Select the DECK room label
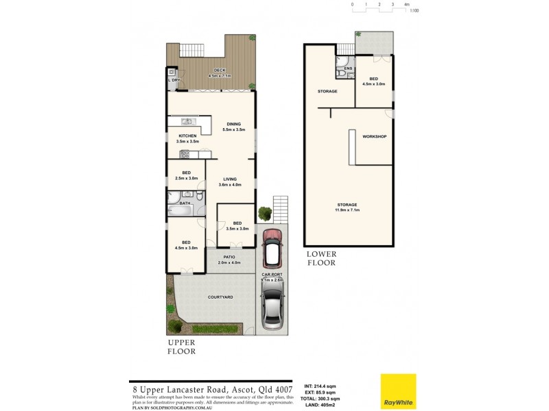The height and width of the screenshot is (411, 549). (x=220, y=70)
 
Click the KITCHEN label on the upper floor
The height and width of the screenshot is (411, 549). (x=187, y=136)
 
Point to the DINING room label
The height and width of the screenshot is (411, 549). (x=234, y=124)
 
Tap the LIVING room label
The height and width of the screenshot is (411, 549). (x=229, y=179)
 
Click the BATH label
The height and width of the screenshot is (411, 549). (x=185, y=203)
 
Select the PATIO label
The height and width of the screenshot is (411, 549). (x=230, y=257)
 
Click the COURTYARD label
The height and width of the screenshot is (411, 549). (x=220, y=297)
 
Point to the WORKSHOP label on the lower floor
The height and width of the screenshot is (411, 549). (x=375, y=136)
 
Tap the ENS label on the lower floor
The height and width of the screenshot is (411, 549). (x=348, y=68)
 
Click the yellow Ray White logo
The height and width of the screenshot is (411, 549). (x=399, y=391)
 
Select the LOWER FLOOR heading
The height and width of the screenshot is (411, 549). (x=321, y=258)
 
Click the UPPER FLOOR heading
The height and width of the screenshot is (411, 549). (x=182, y=347)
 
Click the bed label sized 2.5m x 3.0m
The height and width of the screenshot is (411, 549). (x=185, y=175)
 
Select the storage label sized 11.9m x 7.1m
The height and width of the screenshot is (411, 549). (x=347, y=207)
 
